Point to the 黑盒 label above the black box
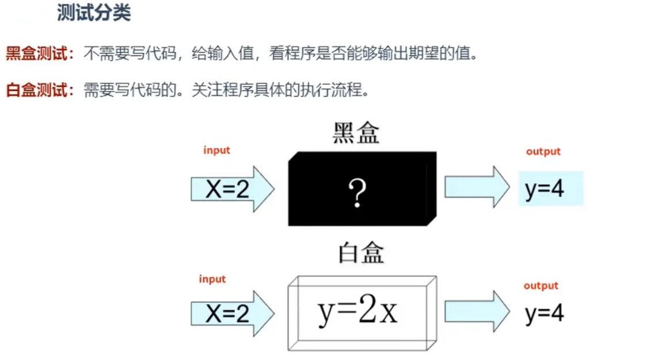pyautogui.click(x=356, y=134)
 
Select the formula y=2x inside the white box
pyautogui.click(x=358, y=312)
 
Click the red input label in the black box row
pyautogui.click(x=216, y=150)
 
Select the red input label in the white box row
pyautogui.click(x=212, y=279)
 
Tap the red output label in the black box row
pyautogui.click(x=543, y=151)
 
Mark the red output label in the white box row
pyautogui.click(x=541, y=286)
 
